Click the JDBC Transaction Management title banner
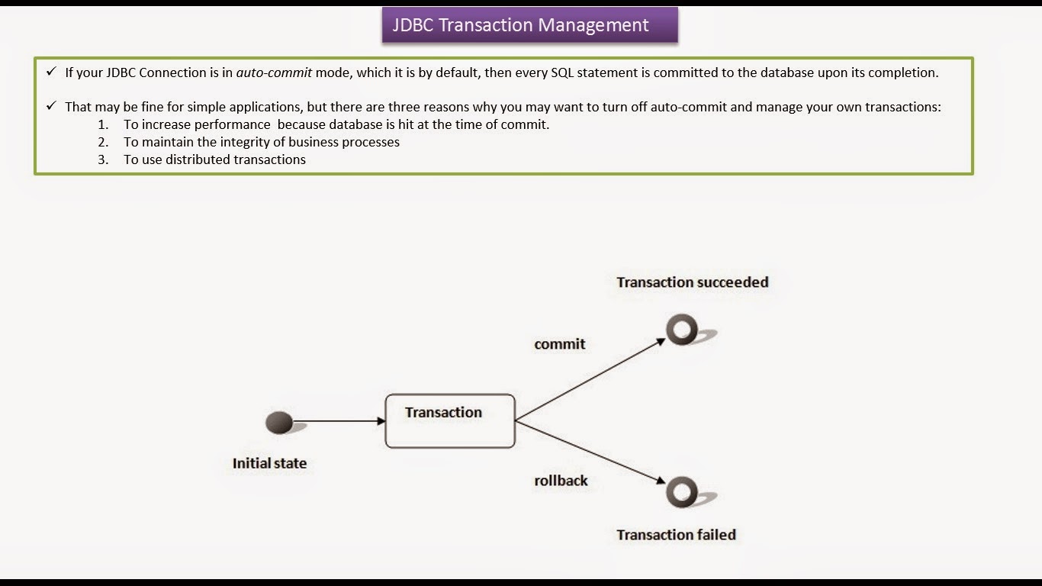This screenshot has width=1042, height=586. click(x=529, y=25)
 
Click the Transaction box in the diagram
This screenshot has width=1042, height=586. click(x=450, y=420)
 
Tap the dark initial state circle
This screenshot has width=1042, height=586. click(x=279, y=422)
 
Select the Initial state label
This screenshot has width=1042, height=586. click(x=269, y=463)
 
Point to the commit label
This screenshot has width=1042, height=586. click(x=559, y=344)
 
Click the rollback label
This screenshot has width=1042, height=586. click(x=561, y=481)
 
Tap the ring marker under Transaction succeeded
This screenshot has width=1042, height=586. click(x=681, y=330)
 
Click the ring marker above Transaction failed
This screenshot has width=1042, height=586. click(x=681, y=492)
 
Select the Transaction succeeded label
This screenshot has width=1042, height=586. click(x=692, y=282)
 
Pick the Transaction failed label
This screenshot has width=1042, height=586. click(x=676, y=535)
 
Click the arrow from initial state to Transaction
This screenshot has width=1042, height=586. click(x=339, y=420)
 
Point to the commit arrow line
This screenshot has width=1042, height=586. click(x=591, y=379)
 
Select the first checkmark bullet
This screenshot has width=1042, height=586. click(x=51, y=72)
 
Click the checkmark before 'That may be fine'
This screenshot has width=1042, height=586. click(x=51, y=106)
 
